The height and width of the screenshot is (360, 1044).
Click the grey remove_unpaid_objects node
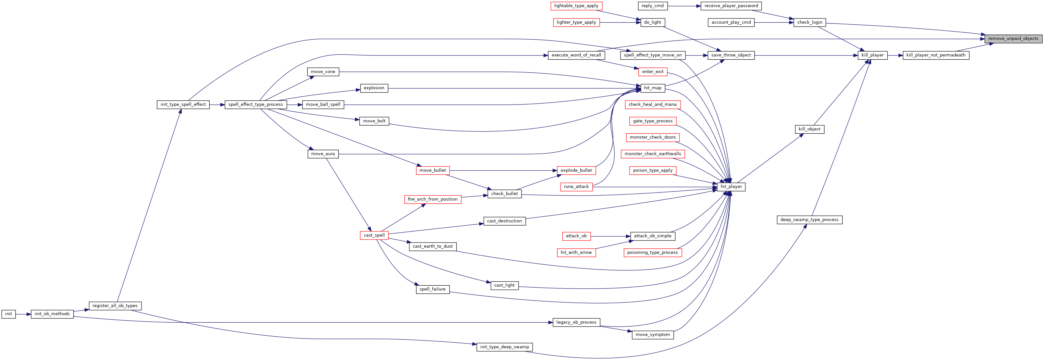point(1013,39)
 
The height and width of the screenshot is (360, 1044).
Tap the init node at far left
point(8,314)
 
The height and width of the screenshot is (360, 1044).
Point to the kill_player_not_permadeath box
point(936,55)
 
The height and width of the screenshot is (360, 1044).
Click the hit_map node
point(653,88)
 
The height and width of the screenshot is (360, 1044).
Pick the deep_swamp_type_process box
point(809,220)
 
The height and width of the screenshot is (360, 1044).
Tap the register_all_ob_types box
point(115,306)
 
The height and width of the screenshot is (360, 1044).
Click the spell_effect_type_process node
point(256,105)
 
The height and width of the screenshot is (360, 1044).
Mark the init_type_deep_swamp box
point(505,347)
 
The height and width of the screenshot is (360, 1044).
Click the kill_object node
point(809,129)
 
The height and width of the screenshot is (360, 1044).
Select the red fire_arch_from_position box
point(433,199)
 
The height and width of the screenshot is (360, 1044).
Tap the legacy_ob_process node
point(576,322)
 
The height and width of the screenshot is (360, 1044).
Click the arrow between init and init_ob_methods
point(23,314)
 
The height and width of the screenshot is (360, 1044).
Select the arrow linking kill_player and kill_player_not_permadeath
point(895,55)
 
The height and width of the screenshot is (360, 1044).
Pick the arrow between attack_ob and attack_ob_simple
point(610,236)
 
